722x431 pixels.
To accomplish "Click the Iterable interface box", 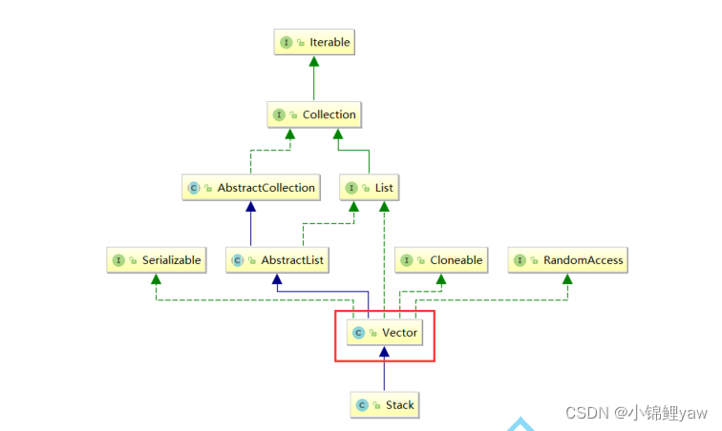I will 314,42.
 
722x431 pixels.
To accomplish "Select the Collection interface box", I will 314,114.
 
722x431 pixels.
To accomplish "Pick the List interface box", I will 370,188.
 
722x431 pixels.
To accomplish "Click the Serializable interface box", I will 155,259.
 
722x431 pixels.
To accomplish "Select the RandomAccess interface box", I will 567,259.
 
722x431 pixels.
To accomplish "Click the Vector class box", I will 384,333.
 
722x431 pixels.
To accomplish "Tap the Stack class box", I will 384,405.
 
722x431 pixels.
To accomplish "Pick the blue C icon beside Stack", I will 363,405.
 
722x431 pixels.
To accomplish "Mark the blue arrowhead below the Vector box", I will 384,353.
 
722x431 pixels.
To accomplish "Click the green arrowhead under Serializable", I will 155,278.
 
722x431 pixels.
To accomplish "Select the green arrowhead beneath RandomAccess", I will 567,278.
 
